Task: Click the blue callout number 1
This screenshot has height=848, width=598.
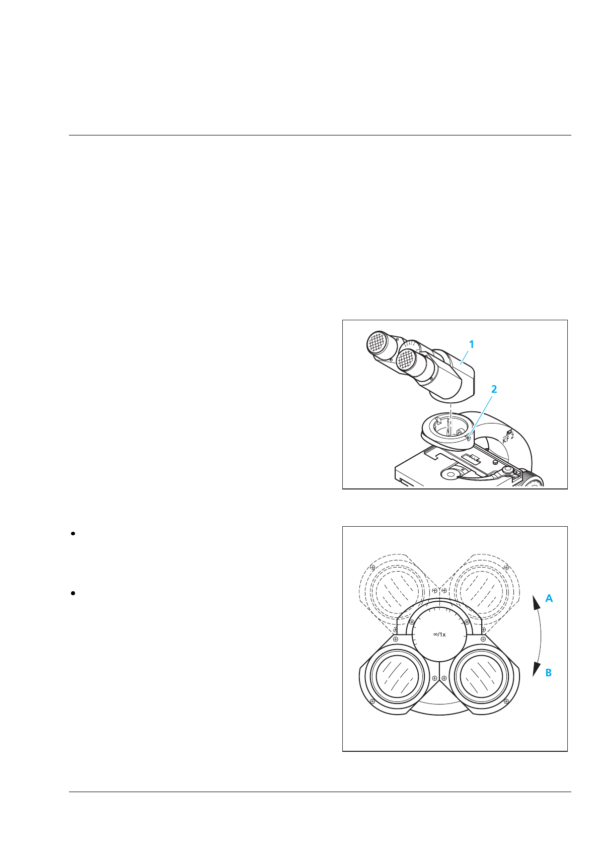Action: pyautogui.click(x=471, y=344)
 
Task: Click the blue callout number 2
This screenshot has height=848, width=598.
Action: pyautogui.click(x=494, y=389)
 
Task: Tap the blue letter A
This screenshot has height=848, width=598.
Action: pyautogui.click(x=549, y=599)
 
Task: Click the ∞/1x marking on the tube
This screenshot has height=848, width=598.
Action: pyautogui.click(x=439, y=634)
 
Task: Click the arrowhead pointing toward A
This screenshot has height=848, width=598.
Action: pyautogui.click(x=535, y=602)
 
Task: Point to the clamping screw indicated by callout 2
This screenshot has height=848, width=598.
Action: pyautogui.click(x=469, y=438)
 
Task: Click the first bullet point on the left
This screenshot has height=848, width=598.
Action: pyautogui.click(x=73, y=534)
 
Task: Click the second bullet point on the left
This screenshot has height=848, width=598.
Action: pyautogui.click(x=73, y=593)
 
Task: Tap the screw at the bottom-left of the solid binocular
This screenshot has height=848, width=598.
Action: pyautogui.click(x=372, y=701)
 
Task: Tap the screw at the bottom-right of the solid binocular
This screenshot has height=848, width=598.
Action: pyautogui.click(x=506, y=701)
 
